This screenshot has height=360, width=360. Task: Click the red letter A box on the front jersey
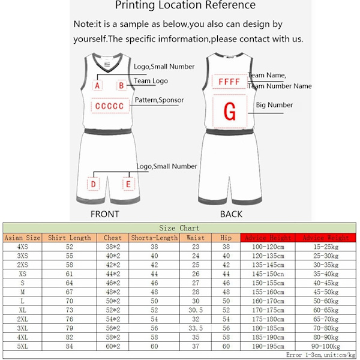point(98,86)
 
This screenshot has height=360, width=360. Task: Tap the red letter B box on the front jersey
point(121,86)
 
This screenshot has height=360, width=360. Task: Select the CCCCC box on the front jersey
point(109,107)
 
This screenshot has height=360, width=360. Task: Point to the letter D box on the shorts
point(94,184)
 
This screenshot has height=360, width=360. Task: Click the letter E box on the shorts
point(128,184)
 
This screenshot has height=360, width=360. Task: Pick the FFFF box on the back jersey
point(229,82)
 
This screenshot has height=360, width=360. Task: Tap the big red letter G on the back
point(229,112)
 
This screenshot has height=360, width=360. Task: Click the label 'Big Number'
point(274,105)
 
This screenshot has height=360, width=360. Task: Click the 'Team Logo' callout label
point(151,80)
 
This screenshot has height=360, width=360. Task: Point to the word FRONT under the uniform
point(104,214)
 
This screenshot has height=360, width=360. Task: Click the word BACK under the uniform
point(231,214)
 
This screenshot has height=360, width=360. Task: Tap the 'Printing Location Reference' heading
point(185,6)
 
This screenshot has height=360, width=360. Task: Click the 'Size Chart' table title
point(179,228)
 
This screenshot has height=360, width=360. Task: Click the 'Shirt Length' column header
point(69,238)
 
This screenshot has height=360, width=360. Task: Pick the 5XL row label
point(22,346)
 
